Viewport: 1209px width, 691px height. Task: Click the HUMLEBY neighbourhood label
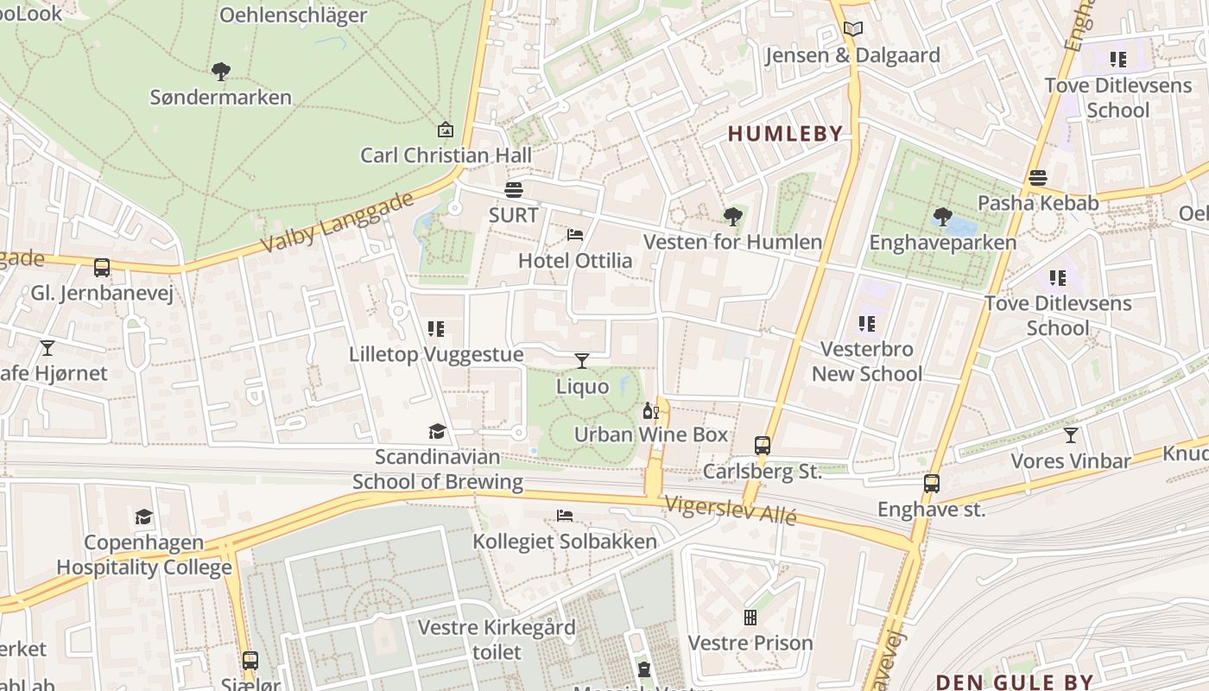785,133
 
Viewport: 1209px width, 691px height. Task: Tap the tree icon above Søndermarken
221,71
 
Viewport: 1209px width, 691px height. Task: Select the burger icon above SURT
514,190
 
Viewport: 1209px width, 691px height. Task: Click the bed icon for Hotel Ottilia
575,235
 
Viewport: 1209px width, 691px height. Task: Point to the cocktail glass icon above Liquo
582,360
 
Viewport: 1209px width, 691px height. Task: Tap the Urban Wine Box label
651,434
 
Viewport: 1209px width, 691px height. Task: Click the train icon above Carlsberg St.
762,446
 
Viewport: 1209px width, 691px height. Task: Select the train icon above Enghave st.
931,484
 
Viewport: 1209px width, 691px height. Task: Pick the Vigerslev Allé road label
730,510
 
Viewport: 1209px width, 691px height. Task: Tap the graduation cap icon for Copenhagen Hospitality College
143,517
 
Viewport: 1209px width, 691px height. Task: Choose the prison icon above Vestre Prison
750,618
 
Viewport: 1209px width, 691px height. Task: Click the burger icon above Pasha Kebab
1037,178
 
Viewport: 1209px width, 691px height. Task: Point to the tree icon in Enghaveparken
942,217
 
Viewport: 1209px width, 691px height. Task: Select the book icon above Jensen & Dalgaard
852,29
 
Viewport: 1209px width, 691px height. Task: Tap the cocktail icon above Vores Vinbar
1071,435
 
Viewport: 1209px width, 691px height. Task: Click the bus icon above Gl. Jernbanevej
102,268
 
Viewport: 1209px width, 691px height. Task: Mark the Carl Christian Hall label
446,155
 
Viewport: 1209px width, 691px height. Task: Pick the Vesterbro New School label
867,362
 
